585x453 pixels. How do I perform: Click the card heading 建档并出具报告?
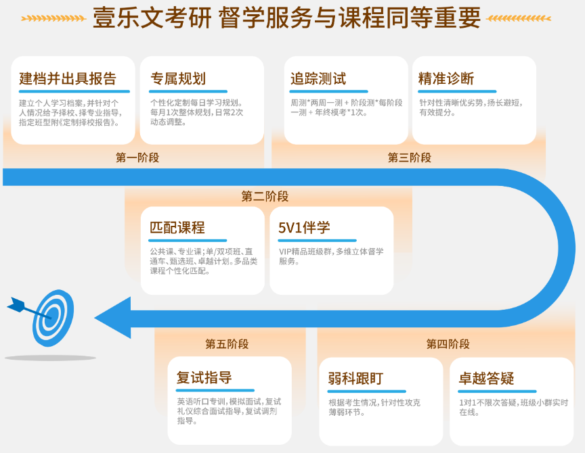click(x=68, y=78)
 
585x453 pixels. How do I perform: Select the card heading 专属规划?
click(x=178, y=78)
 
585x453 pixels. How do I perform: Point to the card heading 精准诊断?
click(x=446, y=78)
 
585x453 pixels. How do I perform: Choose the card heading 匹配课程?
click(x=177, y=228)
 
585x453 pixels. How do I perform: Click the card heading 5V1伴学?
click(x=305, y=228)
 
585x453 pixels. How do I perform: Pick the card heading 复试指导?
click(x=204, y=377)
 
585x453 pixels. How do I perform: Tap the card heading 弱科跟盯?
click(x=355, y=378)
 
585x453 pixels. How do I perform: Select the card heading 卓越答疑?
click(x=487, y=378)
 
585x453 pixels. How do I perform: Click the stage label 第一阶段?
click(x=137, y=158)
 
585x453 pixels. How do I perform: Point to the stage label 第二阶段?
click(x=265, y=197)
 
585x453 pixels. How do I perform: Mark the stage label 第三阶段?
click(x=410, y=158)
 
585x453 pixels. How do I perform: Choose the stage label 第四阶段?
click(x=448, y=344)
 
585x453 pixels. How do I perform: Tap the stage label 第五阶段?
click(x=227, y=344)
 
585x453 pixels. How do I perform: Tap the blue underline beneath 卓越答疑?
click(x=496, y=391)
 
